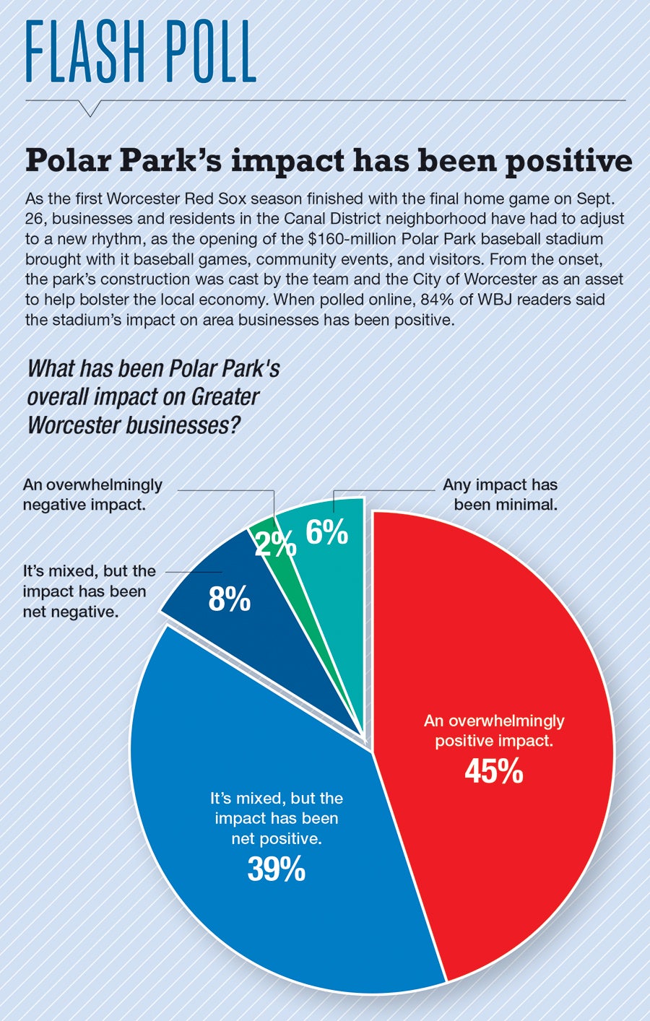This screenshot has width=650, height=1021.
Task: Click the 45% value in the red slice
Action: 494,772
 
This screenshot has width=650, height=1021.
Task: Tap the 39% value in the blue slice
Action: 277,869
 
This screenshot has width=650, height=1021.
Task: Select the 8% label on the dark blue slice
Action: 229,599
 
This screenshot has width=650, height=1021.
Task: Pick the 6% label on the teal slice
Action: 326,533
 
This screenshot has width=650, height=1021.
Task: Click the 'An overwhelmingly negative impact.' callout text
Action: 92,494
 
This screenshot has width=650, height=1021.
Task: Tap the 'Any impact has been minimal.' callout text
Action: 500,494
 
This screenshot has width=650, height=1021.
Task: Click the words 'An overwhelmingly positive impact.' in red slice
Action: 494,730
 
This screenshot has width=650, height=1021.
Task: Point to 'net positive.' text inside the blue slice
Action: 277,839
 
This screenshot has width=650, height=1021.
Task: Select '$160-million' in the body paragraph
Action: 351,238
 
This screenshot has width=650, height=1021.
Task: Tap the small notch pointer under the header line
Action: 90,108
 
